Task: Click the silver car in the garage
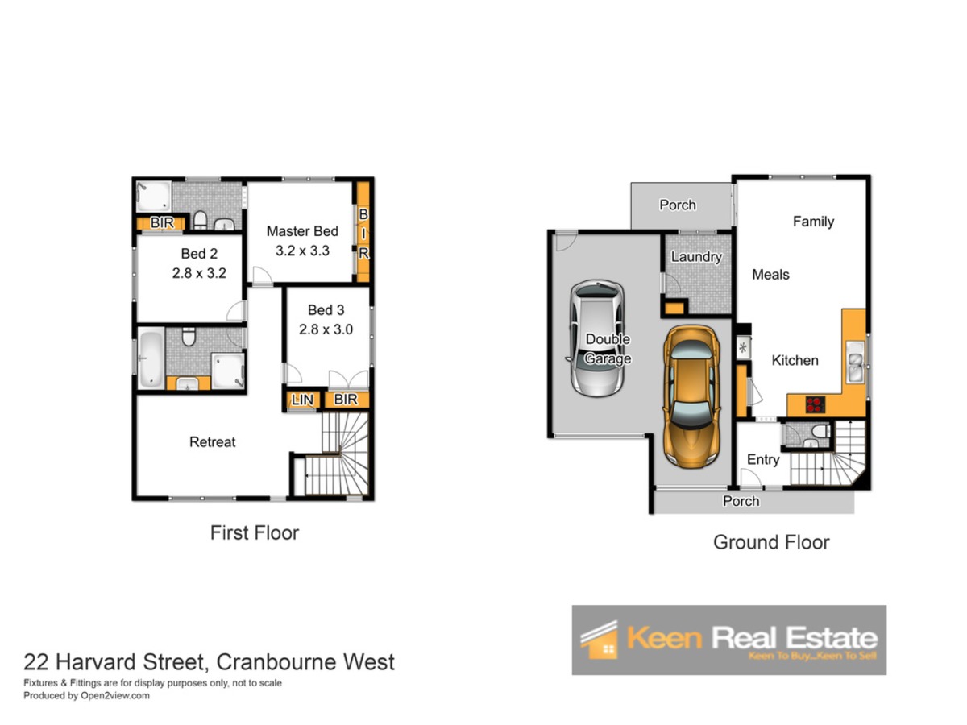(x=597, y=338)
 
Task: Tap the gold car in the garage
(x=691, y=396)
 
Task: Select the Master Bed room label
(x=302, y=231)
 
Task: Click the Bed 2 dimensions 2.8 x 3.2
(x=199, y=273)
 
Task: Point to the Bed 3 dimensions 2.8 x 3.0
(x=326, y=329)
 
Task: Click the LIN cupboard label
(x=302, y=400)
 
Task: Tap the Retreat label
(x=213, y=442)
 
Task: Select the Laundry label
(x=696, y=257)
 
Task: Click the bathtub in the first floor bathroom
(x=151, y=358)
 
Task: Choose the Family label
(x=813, y=222)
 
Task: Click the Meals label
(x=770, y=275)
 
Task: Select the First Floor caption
(x=254, y=532)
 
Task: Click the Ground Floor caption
(x=771, y=542)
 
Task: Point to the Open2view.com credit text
(x=115, y=695)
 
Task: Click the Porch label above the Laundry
(x=678, y=205)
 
